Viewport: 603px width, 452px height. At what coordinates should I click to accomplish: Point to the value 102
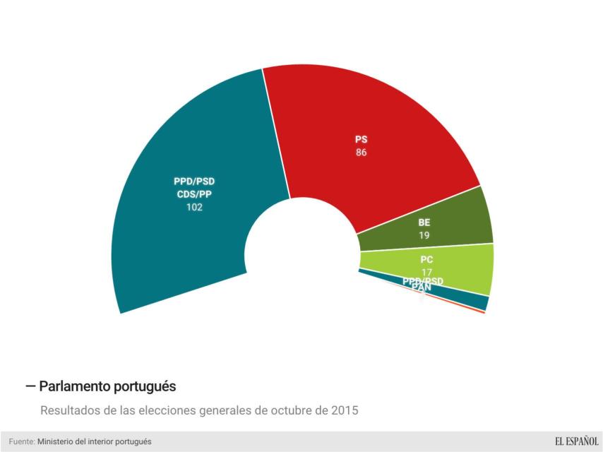click(x=194, y=208)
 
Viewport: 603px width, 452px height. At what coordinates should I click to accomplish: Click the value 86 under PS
click(x=362, y=152)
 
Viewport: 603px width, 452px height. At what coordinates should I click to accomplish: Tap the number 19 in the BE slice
click(x=424, y=235)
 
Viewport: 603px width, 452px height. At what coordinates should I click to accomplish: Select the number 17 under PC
click(x=426, y=272)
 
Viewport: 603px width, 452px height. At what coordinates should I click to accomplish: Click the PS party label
click(x=362, y=140)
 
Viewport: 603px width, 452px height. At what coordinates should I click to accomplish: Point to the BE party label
click(x=424, y=222)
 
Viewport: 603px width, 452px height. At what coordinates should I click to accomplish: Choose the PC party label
click(x=426, y=260)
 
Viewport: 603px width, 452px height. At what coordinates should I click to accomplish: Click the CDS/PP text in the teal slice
click(x=194, y=194)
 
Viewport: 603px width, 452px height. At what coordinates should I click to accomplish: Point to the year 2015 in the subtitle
click(x=345, y=410)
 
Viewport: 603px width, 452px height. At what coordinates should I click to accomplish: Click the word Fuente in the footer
click(x=21, y=441)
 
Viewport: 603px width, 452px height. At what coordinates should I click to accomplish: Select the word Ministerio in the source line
click(x=58, y=441)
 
